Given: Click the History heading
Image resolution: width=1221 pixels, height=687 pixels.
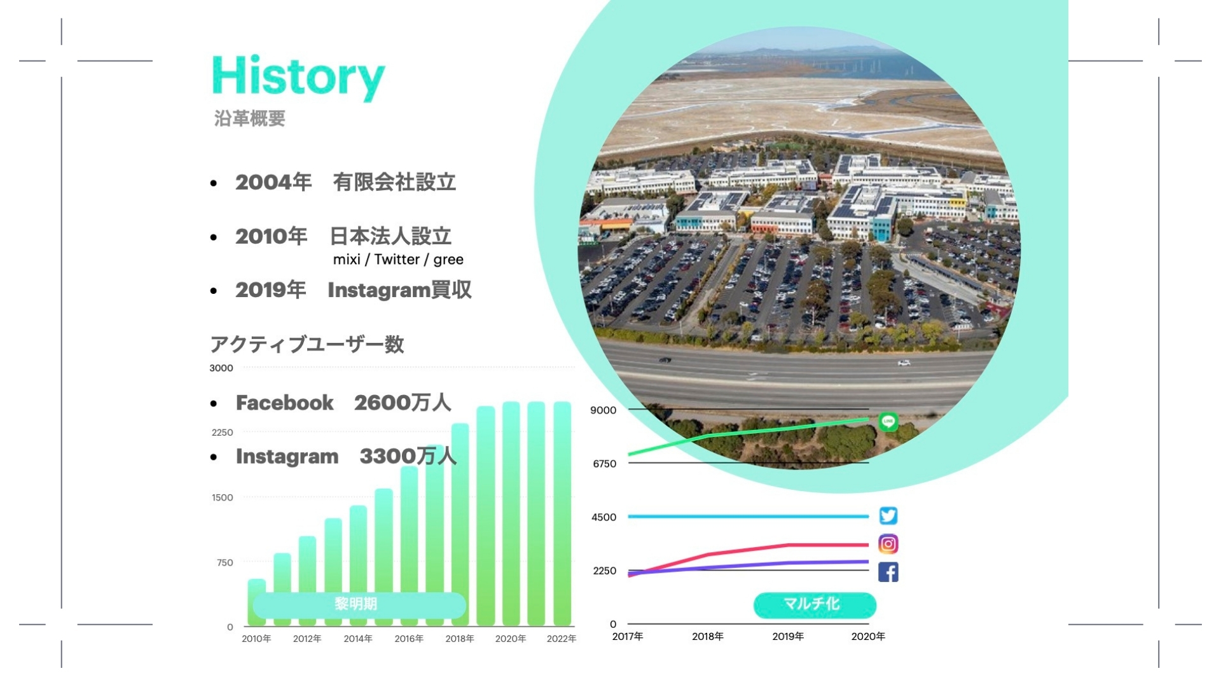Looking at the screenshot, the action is pos(298,78).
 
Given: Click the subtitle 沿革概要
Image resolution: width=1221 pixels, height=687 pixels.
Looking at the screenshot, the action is pos(249,119).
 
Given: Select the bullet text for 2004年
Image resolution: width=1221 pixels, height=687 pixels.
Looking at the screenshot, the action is pos(345,183).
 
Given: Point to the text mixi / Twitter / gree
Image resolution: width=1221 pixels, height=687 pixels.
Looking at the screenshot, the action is pos(398,260).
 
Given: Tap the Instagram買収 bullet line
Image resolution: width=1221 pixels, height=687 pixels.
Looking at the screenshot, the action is pos(354,290).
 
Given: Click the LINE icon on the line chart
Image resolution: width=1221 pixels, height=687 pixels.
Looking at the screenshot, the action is pos(888,421).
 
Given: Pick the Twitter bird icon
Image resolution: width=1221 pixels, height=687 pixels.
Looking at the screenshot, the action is pos(888,515).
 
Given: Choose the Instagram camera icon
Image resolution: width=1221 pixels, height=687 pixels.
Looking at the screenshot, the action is pos(888,544).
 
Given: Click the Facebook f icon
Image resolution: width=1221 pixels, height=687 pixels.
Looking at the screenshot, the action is pos(888,572).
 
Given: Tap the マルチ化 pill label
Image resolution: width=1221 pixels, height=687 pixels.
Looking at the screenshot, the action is pos(815,605).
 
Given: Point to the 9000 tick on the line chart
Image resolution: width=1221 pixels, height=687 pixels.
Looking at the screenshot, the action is pos(603,410).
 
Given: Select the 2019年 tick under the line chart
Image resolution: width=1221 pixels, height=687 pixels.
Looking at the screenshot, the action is pos(788,636).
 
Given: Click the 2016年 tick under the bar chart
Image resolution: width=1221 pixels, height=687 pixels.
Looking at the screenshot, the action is pos(409,639).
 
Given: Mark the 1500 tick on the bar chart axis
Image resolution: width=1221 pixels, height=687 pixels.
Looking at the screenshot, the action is pos(223,497).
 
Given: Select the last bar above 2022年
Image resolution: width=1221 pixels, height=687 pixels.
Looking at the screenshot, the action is pos(562,514).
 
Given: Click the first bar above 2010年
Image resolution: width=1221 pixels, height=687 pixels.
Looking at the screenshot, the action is pos(257,603).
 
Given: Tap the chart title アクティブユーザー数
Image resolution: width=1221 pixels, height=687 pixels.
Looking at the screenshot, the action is pos(307,345).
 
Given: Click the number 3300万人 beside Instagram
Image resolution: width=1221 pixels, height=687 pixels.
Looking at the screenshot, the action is pos(408,456).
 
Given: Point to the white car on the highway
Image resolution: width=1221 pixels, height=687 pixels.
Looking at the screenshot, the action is pos(904,363).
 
